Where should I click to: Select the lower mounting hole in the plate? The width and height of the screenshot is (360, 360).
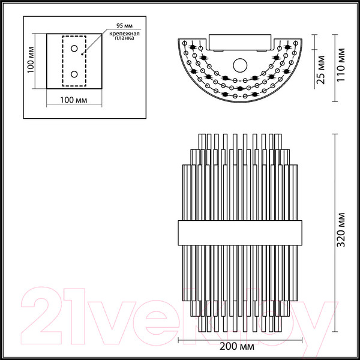click(74, 74)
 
